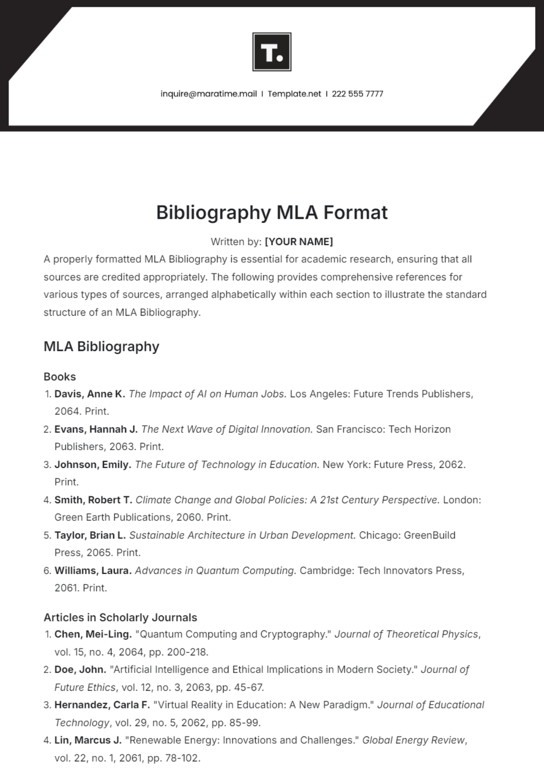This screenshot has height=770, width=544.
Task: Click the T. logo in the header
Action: [x=272, y=52]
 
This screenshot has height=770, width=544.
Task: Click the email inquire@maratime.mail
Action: [x=209, y=94]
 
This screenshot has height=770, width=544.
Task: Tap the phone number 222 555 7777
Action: [x=357, y=94]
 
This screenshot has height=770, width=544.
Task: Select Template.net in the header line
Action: [x=294, y=94]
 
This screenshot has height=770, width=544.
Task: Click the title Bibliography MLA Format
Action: [x=272, y=212]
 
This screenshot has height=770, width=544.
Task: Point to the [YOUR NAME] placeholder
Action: [x=299, y=241]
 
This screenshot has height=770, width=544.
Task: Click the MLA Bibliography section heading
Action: [x=101, y=346]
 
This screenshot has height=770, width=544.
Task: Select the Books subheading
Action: [x=59, y=376]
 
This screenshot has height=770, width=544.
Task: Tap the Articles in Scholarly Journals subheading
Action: [x=120, y=617]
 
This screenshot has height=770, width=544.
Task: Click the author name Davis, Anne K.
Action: [x=89, y=394]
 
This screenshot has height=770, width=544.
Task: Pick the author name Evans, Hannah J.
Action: [x=96, y=429]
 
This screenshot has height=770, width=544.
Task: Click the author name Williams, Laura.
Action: [x=93, y=571]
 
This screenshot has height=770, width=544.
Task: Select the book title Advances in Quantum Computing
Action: [x=215, y=571]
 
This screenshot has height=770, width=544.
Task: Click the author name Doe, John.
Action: [x=80, y=669]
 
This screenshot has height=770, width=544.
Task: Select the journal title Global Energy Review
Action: [x=413, y=740]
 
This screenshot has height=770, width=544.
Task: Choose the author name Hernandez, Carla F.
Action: [x=102, y=705]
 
